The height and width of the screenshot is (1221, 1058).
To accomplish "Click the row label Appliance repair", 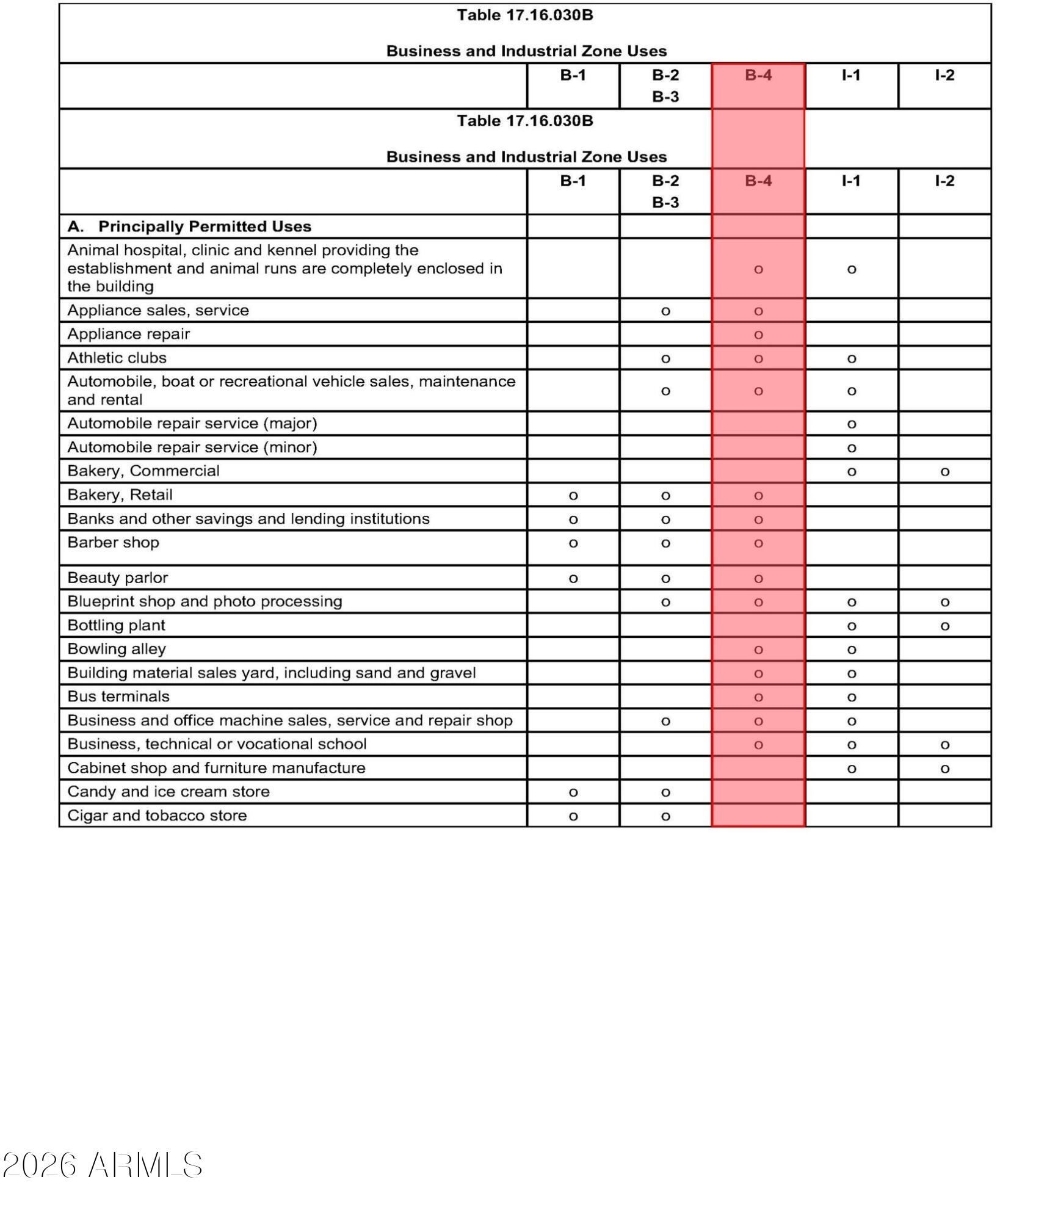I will pyautogui.click(x=128, y=334).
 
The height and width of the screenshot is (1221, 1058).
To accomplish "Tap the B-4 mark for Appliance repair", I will pyautogui.click(x=758, y=335).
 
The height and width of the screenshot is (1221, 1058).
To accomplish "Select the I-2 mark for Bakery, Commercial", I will pyautogui.click(x=944, y=471).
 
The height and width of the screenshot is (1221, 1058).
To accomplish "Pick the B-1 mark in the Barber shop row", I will pyautogui.click(x=573, y=543).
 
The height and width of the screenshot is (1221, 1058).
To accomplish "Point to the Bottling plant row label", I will pyautogui.click(x=116, y=625).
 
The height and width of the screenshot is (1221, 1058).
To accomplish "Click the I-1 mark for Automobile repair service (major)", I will pyautogui.click(x=852, y=424).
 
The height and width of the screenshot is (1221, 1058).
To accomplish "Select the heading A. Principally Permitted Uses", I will pyautogui.click(x=189, y=226).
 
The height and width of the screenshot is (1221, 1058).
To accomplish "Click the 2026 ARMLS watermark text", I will pyautogui.click(x=103, y=1165).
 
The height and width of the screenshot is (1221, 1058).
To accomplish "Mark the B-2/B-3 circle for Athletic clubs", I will pyautogui.click(x=665, y=359).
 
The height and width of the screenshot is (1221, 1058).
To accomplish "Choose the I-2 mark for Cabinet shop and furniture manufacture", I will pyautogui.click(x=944, y=769).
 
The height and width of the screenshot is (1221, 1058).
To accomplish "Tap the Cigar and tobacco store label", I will pyautogui.click(x=157, y=816).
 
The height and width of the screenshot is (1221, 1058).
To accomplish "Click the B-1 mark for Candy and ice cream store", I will pyautogui.click(x=573, y=792).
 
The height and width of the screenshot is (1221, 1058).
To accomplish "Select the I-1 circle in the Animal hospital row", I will pyautogui.click(x=852, y=269).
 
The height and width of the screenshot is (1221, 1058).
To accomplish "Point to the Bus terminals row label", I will pyautogui.click(x=118, y=697).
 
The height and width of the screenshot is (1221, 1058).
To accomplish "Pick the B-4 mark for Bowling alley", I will pyautogui.click(x=758, y=650).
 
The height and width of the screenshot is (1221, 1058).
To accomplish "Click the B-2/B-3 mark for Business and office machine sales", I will pyautogui.click(x=665, y=721).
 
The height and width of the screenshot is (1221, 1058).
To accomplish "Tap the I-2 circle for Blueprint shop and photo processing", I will pyautogui.click(x=944, y=603).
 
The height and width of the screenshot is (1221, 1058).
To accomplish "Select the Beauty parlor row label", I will pyautogui.click(x=117, y=578).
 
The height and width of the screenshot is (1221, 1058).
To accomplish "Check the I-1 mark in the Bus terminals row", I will pyautogui.click(x=852, y=697).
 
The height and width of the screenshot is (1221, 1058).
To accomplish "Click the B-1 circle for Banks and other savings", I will pyautogui.click(x=573, y=520).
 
